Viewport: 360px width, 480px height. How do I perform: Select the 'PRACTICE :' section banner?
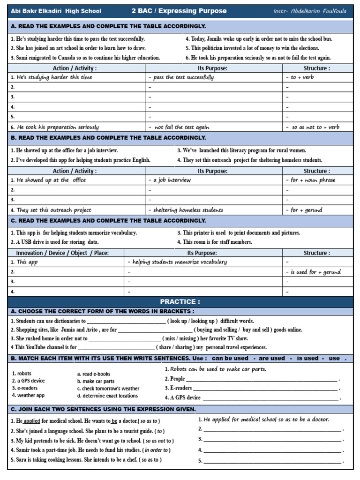coord(180,302)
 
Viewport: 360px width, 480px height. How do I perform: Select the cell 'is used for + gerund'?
coord(315,272)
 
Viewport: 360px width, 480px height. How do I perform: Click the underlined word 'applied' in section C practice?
coord(32,421)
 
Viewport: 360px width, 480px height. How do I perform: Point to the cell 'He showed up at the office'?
coord(51,180)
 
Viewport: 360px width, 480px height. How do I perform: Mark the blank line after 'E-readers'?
coord(265,388)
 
